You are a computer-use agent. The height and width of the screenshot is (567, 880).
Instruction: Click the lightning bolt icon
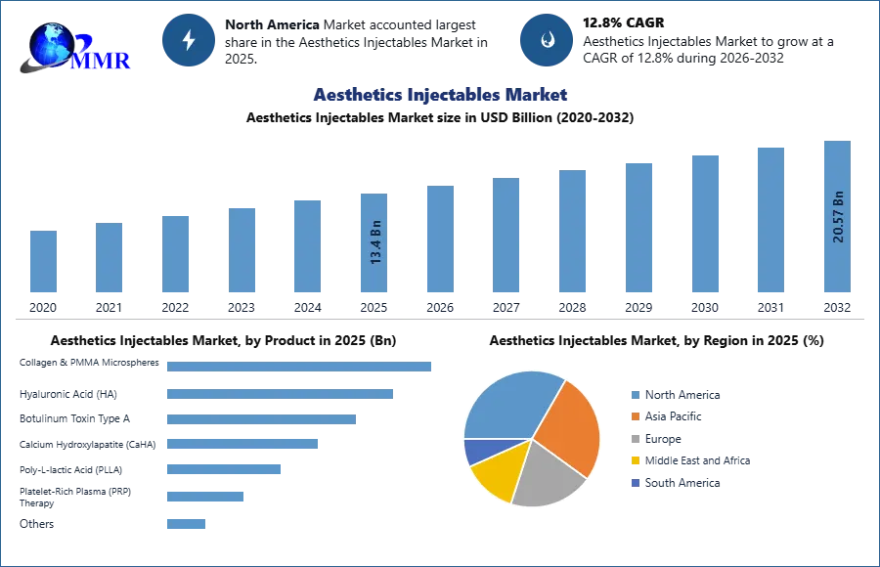(189, 40)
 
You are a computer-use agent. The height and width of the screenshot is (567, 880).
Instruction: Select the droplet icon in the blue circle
(547, 40)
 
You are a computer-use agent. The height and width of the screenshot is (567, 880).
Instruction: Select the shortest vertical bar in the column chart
(43, 262)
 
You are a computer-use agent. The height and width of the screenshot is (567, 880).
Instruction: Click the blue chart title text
(441, 95)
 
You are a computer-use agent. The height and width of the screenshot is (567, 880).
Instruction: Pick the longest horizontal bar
(300, 367)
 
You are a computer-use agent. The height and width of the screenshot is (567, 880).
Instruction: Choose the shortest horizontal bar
(187, 523)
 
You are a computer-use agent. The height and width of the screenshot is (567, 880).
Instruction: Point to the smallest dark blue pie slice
(475, 451)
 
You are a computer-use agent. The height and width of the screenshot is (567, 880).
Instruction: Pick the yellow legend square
(634, 461)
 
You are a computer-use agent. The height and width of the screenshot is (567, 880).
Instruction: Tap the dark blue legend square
(634, 484)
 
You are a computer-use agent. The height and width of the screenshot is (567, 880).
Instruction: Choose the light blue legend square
(634, 395)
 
